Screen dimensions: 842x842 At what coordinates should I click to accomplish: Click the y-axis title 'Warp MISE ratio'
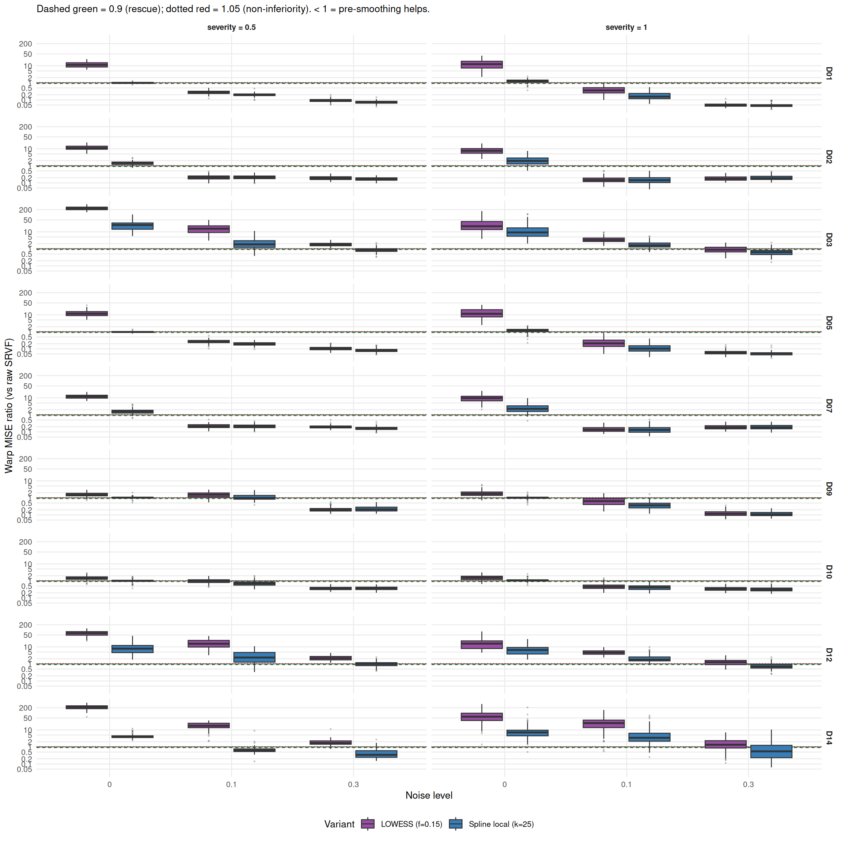[x=9, y=406]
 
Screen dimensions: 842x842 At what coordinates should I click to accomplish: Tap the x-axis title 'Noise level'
[x=429, y=795]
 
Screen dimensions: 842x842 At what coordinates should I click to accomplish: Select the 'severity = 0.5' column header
[x=231, y=27]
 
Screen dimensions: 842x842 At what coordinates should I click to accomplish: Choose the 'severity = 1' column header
[x=626, y=27]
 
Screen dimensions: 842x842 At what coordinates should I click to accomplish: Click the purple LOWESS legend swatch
[x=368, y=824]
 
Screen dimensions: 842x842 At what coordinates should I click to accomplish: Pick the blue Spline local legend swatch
[x=455, y=824]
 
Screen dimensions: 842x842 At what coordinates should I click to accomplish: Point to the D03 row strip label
[x=829, y=240]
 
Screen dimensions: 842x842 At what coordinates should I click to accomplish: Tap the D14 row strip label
[x=829, y=738]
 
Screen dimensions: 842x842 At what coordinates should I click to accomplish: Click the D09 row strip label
[x=829, y=489]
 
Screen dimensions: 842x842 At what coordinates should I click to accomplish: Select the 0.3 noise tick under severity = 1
[x=748, y=785]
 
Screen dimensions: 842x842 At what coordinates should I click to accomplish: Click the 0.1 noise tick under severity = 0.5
[x=231, y=785]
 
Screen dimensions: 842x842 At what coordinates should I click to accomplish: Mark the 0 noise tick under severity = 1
[x=505, y=785]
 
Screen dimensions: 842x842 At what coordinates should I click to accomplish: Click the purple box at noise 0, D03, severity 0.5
[x=87, y=208]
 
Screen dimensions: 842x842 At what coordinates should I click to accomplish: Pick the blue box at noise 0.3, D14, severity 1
[x=771, y=751]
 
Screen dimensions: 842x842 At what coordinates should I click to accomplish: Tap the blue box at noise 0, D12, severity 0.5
[x=133, y=649]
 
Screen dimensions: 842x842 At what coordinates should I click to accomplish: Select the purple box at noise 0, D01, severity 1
[x=482, y=64]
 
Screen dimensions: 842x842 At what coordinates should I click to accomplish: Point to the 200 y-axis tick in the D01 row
[x=25, y=43]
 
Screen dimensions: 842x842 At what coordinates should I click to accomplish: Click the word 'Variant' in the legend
[x=339, y=824]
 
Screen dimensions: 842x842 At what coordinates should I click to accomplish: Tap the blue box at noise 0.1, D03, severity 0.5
[x=254, y=244]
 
